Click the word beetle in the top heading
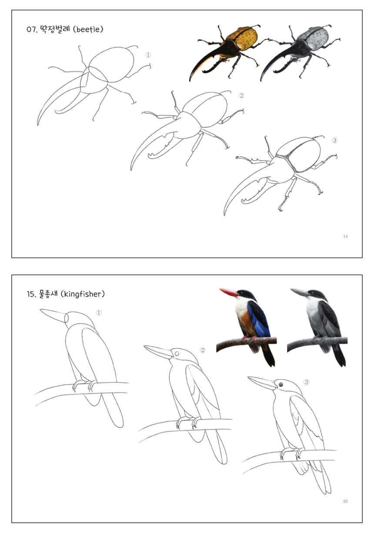tap(88, 30)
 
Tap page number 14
tap(345, 237)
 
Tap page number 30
tap(345, 501)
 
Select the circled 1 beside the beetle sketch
tap(148, 55)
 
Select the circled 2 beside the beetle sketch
tap(241, 95)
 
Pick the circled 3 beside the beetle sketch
tap(334, 140)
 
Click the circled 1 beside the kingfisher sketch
tap(99, 313)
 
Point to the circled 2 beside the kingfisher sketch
tap(203, 350)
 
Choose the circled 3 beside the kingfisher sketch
tap(306, 382)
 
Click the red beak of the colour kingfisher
tap(229, 292)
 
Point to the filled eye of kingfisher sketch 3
tap(280, 385)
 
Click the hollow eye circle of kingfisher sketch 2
tap(177, 354)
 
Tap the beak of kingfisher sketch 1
tap(53, 315)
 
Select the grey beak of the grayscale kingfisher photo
tap(300, 292)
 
